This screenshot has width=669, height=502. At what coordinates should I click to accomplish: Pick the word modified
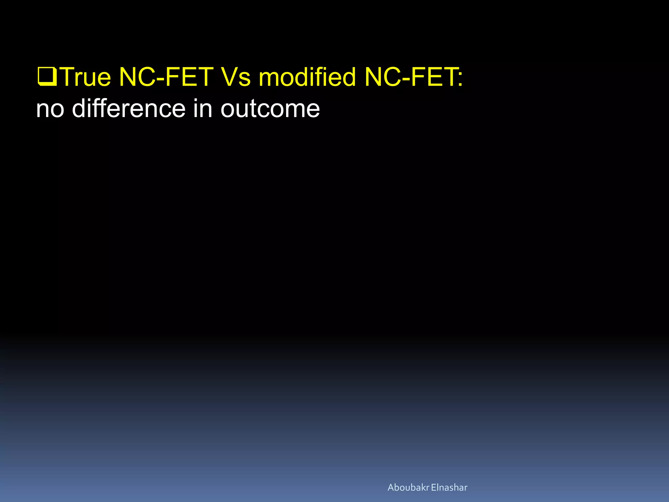pyautogui.click(x=307, y=77)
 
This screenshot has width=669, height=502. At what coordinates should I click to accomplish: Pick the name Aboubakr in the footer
pyautogui.click(x=408, y=488)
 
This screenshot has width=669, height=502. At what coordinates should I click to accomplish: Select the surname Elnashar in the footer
pyautogui.click(x=449, y=488)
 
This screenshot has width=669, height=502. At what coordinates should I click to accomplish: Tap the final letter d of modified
pyautogui.click(x=349, y=77)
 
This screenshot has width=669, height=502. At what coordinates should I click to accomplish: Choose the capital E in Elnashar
pyautogui.click(x=433, y=488)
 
